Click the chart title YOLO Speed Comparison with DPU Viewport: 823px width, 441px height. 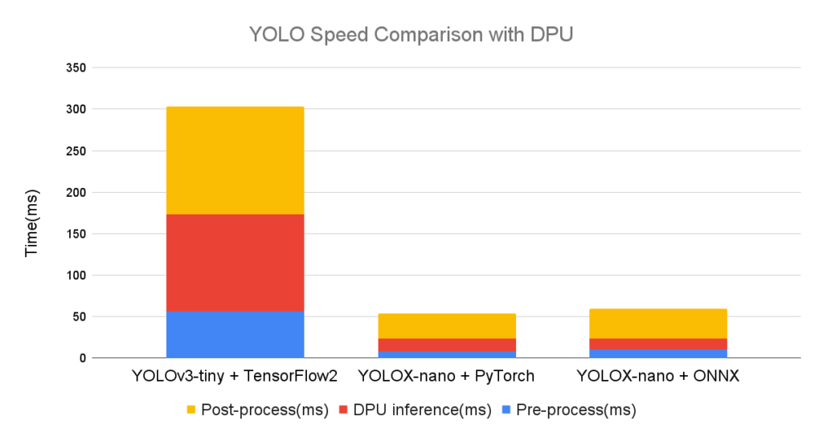411,34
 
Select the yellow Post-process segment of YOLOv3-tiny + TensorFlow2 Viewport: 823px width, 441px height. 235,160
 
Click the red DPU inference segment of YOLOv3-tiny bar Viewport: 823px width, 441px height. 235,262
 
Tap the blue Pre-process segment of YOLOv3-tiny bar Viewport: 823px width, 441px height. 235,334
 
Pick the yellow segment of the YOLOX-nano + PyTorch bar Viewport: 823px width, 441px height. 447,325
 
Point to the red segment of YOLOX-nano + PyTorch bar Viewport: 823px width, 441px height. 447,345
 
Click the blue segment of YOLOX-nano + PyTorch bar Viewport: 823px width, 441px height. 447,354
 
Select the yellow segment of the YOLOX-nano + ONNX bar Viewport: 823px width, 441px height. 657,323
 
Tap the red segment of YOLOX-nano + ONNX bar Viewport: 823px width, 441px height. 657,344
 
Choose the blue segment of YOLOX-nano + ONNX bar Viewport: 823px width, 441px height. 657,353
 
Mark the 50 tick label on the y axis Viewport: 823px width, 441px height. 78,316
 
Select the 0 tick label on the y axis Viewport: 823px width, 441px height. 81,358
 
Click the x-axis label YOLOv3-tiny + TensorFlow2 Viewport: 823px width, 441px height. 235,375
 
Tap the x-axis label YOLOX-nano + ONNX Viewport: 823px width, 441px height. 657,375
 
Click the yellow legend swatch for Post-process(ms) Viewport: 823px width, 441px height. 190,410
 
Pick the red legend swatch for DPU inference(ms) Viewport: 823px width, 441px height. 343,410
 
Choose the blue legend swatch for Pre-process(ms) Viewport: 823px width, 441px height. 508,410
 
